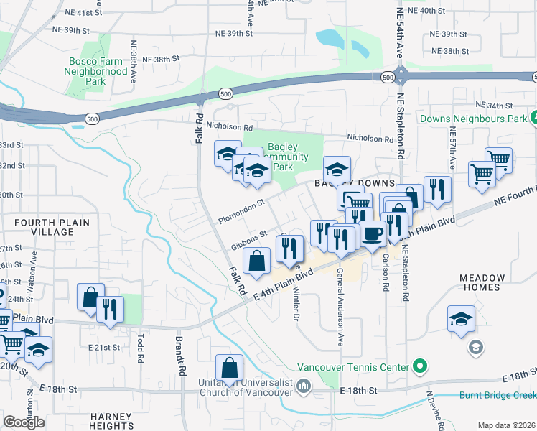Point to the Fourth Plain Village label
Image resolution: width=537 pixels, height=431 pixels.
pos(43,227)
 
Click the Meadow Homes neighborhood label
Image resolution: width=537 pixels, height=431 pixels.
pos(491,282)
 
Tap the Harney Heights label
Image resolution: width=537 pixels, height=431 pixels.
pos(111,421)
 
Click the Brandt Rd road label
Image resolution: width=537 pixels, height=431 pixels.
pos(181,355)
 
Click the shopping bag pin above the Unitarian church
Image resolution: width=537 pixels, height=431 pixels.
pos(228,369)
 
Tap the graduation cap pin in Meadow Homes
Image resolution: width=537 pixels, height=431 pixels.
pos(461,321)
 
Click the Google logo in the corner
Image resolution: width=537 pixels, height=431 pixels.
pos(24,422)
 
